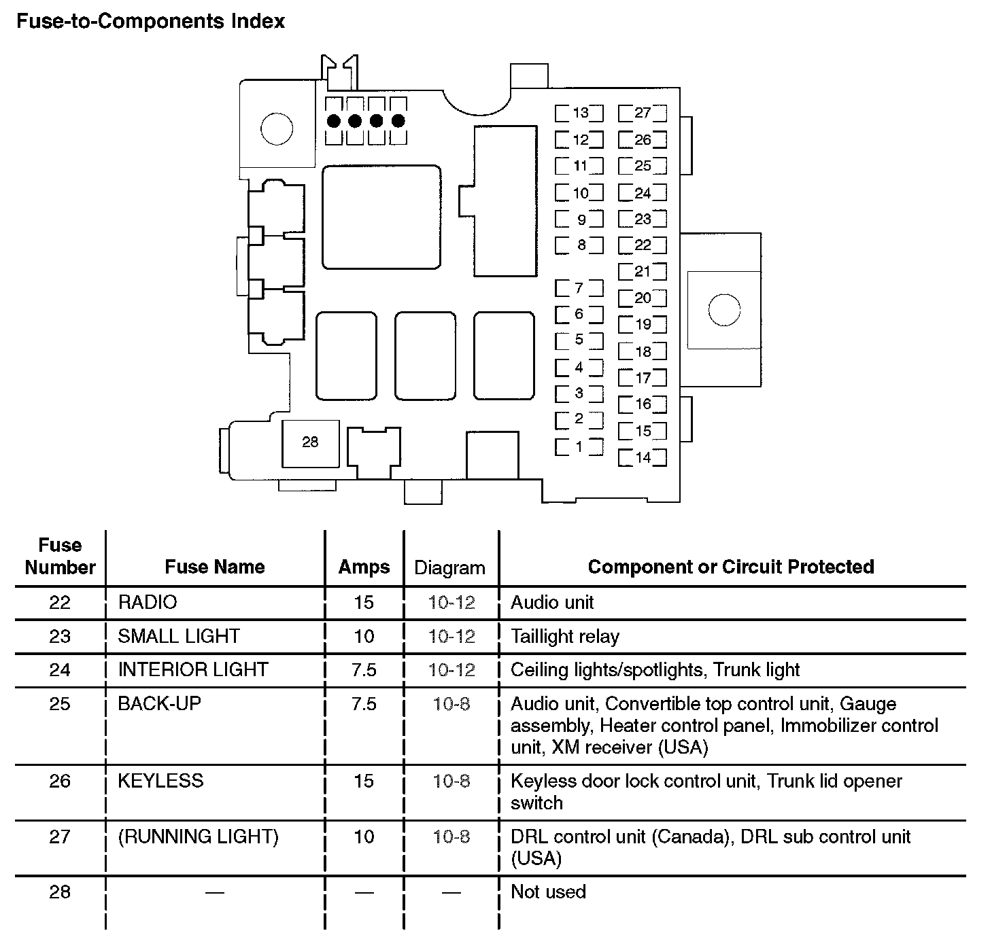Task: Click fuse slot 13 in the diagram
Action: (x=579, y=113)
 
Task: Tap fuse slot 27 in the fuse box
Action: (x=643, y=113)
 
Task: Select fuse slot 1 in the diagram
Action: (x=579, y=447)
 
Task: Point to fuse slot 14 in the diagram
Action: (x=643, y=457)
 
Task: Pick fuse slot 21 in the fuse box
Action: (x=643, y=272)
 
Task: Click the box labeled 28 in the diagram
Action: (x=310, y=442)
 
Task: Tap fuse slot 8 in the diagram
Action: (x=579, y=245)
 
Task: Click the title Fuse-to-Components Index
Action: (x=150, y=22)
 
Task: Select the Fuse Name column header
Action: (x=215, y=567)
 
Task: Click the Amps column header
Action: (x=364, y=567)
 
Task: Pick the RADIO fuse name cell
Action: (x=148, y=602)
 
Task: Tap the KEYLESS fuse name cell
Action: (x=160, y=780)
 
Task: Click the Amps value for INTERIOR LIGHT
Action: (x=364, y=669)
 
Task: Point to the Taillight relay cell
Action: (x=565, y=636)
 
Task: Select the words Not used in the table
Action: (x=548, y=892)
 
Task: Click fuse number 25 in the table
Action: (x=60, y=703)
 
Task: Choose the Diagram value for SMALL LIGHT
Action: (x=451, y=636)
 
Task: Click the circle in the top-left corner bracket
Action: (x=277, y=128)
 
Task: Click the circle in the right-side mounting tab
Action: (x=723, y=310)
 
